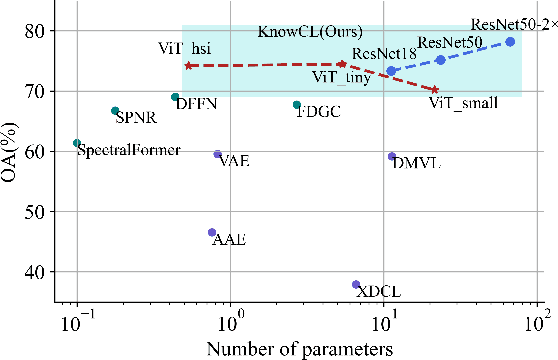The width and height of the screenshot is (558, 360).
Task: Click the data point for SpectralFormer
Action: tap(77, 143)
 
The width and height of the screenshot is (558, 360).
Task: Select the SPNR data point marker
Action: tap(115, 111)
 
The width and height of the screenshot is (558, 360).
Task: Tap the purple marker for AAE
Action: tap(212, 232)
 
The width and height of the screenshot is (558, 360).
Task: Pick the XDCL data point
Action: tap(356, 285)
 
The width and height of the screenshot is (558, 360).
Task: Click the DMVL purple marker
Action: tap(392, 156)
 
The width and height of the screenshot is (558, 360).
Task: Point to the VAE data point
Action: tap(218, 154)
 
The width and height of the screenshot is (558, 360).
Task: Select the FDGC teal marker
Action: tap(297, 105)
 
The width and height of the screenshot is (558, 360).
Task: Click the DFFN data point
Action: tap(176, 98)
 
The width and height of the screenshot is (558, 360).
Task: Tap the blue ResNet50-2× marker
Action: tap(510, 42)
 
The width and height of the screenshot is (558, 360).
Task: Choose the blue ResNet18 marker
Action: tap(392, 71)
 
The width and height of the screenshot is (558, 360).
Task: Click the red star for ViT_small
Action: tap(434, 90)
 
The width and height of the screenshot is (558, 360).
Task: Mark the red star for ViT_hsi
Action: tap(189, 66)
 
